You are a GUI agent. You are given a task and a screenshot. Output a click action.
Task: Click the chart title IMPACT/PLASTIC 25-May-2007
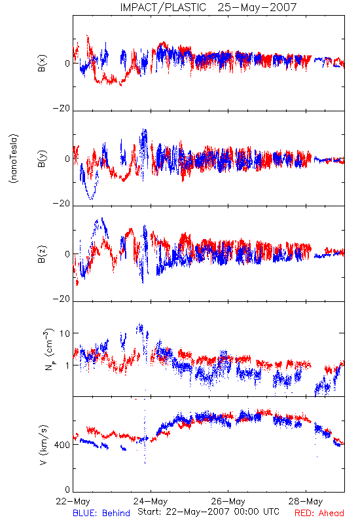[x=208, y=7]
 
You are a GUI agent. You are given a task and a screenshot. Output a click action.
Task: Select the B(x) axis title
[x=42, y=63]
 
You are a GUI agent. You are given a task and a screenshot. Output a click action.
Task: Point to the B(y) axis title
[x=42, y=159]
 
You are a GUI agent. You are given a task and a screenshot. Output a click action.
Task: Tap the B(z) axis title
[x=42, y=254]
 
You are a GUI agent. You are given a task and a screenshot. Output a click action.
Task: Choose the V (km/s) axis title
[x=43, y=445]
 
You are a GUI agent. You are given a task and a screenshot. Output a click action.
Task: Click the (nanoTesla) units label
[x=14, y=159]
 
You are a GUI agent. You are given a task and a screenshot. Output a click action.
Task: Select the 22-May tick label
[x=73, y=501]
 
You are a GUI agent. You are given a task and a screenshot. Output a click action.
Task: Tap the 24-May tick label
[x=151, y=501]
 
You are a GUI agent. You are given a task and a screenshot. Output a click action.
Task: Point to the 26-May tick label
[x=228, y=501]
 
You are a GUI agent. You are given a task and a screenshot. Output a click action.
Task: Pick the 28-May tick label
[x=306, y=501]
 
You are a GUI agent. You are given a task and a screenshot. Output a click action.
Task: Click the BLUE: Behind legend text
[x=101, y=513]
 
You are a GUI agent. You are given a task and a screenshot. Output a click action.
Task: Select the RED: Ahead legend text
[x=319, y=513]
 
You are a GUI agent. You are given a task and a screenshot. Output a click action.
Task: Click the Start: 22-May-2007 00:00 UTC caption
[x=208, y=512]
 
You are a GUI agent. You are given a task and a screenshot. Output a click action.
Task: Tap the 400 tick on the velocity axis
[x=62, y=445]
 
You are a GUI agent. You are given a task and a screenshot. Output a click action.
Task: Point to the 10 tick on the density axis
[x=65, y=333]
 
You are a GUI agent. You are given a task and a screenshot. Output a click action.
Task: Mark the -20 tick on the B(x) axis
[x=62, y=108]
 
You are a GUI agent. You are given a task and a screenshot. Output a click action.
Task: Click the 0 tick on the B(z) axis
[x=67, y=254]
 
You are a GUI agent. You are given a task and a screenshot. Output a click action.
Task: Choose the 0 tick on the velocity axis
[x=67, y=490]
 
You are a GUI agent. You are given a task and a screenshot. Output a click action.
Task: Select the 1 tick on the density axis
[x=68, y=365]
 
